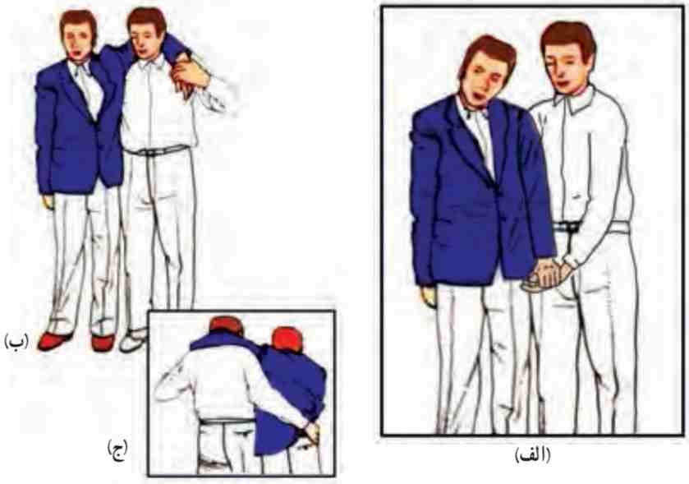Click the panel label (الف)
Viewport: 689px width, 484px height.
(x=532, y=454)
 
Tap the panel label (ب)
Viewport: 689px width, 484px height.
(x=16, y=341)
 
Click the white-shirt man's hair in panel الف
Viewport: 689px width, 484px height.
(x=568, y=38)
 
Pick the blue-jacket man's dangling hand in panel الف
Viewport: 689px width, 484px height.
(x=428, y=297)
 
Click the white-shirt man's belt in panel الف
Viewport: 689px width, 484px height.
(x=589, y=228)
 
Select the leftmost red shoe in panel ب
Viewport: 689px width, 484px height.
(x=53, y=341)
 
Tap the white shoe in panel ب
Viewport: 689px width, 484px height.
(x=133, y=341)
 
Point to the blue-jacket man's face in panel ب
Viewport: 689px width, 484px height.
(x=79, y=40)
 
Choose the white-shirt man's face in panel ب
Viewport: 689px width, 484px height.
(x=145, y=41)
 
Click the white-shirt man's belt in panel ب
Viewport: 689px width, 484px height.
(x=157, y=150)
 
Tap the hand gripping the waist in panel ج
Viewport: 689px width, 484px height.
(x=311, y=431)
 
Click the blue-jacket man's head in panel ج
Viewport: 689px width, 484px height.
(x=287, y=339)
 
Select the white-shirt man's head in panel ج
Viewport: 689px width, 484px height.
(x=227, y=325)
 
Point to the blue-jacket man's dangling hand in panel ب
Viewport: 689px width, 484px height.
(x=48, y=201)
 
